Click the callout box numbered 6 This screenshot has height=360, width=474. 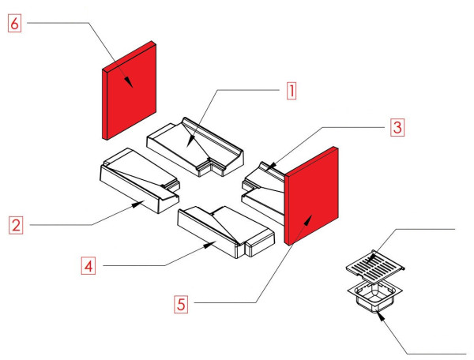tap(15, 24)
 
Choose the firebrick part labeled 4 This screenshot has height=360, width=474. tap(225, 229)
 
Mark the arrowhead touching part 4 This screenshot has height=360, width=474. tap(210, 246)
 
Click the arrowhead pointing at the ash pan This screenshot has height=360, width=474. tap(381, 314)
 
